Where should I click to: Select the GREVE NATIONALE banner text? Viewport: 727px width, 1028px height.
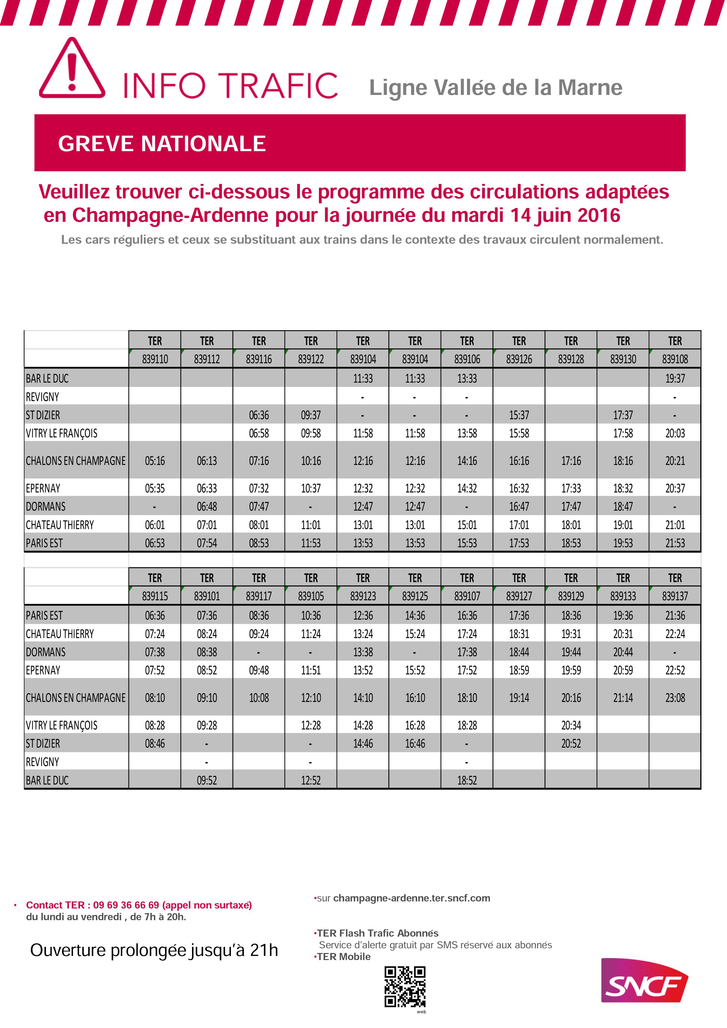point(162,144)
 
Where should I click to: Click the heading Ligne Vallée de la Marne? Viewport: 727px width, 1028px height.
point(495,88)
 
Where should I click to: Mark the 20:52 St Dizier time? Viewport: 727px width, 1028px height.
point(571,744)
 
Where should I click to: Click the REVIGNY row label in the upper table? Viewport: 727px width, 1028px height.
point(43,397)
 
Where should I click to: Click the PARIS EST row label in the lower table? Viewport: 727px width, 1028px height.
point(44,616)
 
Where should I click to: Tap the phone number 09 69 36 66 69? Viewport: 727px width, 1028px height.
point(126,905)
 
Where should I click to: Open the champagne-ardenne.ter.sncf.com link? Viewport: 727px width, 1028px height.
point(411,898)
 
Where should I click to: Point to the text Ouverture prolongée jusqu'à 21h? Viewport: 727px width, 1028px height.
point(154,950)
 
